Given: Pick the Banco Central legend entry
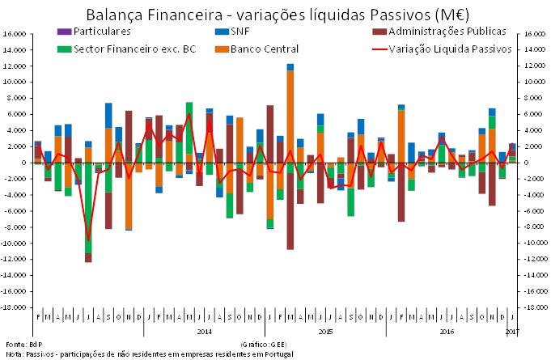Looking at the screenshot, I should (258, 48).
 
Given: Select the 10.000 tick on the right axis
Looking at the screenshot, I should (532, 83).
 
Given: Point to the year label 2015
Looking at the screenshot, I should (326, 332).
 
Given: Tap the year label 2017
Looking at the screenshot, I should (511, 332).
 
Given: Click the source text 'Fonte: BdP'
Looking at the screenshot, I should (19, 345).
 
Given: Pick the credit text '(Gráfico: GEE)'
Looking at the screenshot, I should (264, 345).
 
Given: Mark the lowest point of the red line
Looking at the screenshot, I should (88, 240).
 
